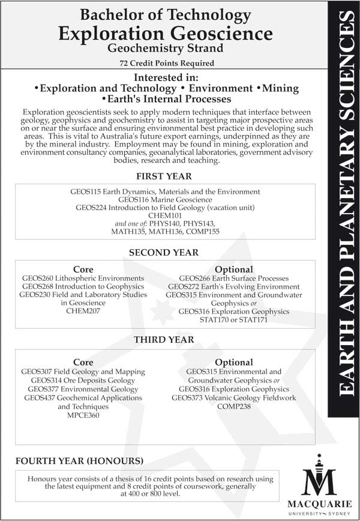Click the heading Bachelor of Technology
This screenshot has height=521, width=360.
click(x=164, y=14)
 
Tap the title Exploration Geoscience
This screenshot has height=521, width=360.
click(x=164, y=32)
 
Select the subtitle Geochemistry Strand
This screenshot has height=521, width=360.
click(x=164, y=49)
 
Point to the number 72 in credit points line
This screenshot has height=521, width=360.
click(x=124, y=63)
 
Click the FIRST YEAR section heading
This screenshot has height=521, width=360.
click(x=164, y=176)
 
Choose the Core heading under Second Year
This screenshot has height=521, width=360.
click(x=83, y=270)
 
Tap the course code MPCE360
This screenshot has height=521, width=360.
click(x=83, y=415)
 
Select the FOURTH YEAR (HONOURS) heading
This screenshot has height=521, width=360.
click(x=79, y=461)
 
